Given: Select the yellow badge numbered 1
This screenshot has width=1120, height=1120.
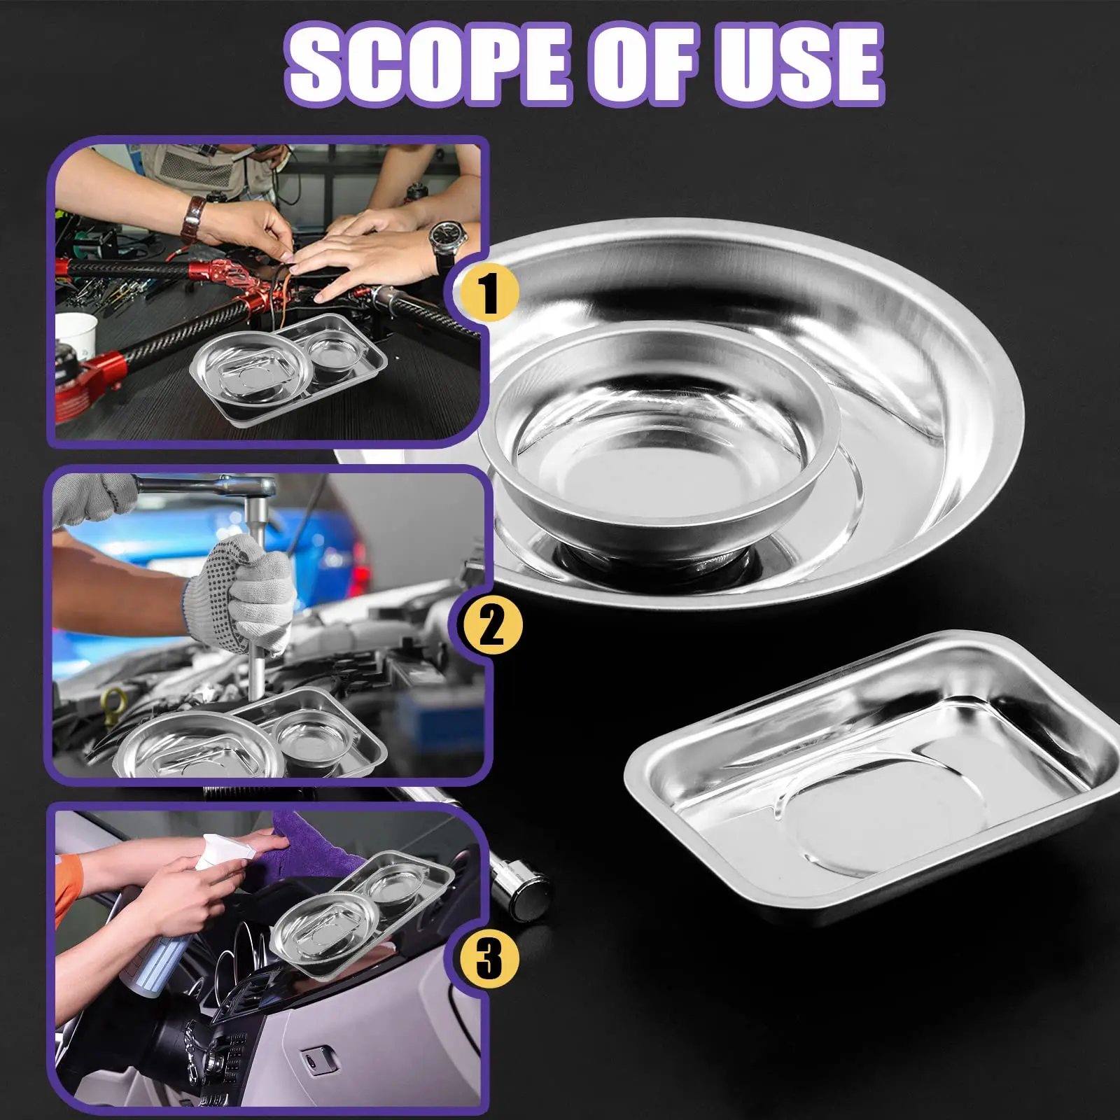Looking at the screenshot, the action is [x=488, y=293].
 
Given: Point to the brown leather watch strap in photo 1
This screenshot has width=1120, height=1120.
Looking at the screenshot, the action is [x=193, y=218].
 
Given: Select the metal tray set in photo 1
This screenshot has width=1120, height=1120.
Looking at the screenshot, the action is [x=288, y=368].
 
